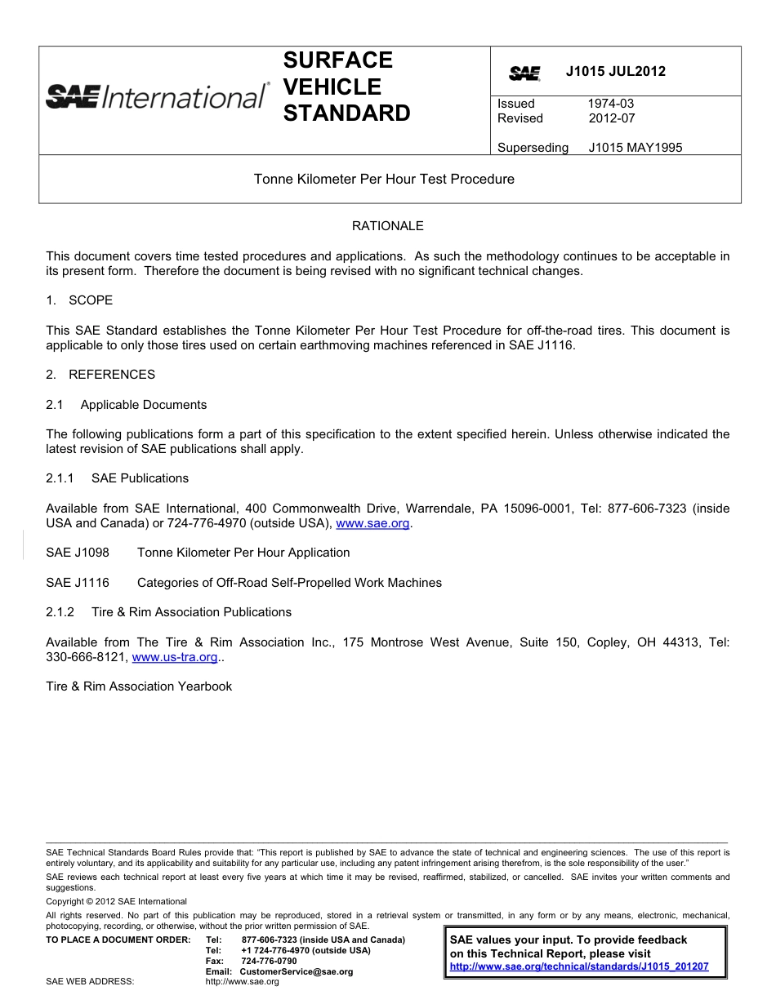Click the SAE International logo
pos(156,96)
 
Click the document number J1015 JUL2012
pos(615,71)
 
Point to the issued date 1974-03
pos(610,104)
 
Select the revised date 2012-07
pos(611,118)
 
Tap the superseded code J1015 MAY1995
pos(635,148)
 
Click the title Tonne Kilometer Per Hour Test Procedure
pos(384,179)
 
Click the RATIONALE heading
pos(387,225)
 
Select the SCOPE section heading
pos(90,300)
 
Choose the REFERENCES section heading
pos(111,375)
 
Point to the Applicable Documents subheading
pos(143,405)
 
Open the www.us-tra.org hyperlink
pos(174,657)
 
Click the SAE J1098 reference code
pos(78,553)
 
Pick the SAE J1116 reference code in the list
pos(78,583)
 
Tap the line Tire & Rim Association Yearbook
pos(139,686)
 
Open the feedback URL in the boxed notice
pos(578,967)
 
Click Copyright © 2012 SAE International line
pos(116,901)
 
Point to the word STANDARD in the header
pos(346,113)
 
